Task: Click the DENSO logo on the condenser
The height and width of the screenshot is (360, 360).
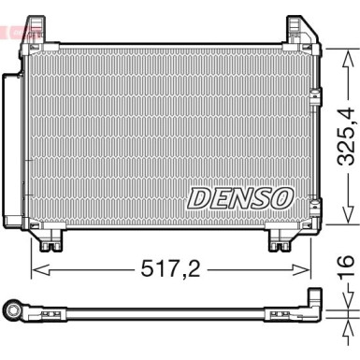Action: tap(241, 198)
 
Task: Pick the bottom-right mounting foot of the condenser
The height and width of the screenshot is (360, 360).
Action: tap(280, 244)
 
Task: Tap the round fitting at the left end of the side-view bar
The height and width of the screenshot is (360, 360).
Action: tap(13, 310)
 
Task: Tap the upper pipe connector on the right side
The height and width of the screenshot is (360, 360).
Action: tap(316, 95)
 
